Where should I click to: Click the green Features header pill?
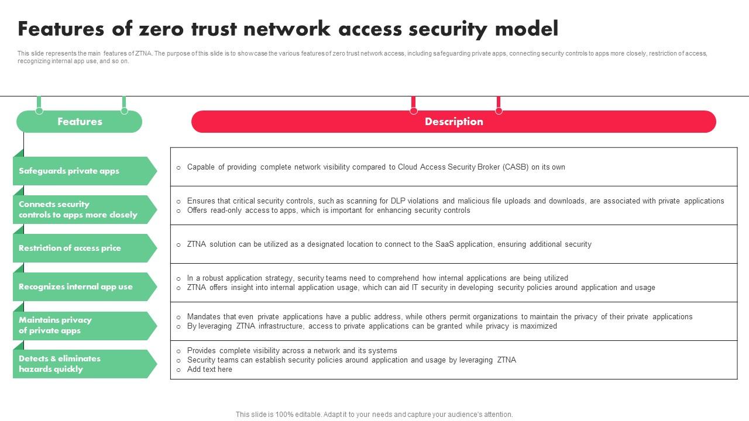pos(80,122)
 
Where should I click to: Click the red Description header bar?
pos(453,122)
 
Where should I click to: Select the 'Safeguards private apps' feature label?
pos(69,171)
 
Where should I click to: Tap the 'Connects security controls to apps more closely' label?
pos(78,209)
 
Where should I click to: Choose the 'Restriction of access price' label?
pos(70,248)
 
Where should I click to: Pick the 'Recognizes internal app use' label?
pos(75,287)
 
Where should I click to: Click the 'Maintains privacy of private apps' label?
pos(56,325)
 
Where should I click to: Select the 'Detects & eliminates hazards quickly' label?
pos(60,364)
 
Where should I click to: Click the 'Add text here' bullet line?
pos(209,370)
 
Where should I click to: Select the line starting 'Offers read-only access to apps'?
pos(328,210)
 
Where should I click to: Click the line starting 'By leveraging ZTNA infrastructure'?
pos(372,326)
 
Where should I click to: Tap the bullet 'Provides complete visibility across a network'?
pos(292,351)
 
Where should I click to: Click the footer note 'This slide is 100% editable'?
pos(374,415)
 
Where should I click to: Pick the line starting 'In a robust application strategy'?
pos(377,278)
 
